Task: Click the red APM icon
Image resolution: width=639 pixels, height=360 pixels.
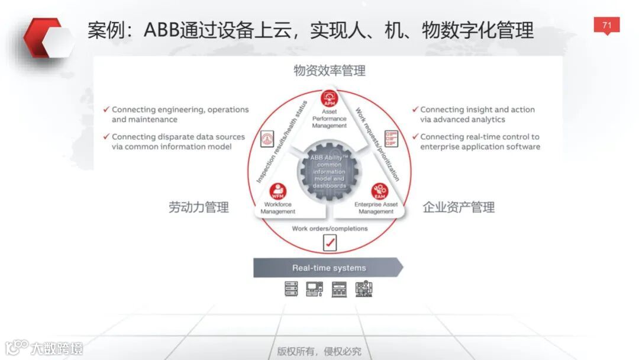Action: point(330,98)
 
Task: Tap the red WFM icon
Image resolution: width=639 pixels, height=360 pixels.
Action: point(277,191)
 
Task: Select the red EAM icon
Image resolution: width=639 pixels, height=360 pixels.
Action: point(379,191)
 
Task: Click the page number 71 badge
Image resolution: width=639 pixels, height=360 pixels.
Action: point(606,25)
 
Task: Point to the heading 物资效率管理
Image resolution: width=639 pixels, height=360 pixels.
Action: point(330,71)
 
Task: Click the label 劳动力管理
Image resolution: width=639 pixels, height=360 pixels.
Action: point(198,207)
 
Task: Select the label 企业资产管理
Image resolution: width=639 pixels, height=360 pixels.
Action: point(459,207)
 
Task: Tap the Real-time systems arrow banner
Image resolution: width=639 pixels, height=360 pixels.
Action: point(328,268)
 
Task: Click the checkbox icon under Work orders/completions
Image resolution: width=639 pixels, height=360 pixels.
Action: point(330,242)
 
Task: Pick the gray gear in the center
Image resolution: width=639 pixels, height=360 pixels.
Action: point(329,172)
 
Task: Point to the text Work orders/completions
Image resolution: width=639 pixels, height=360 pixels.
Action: point(330,229)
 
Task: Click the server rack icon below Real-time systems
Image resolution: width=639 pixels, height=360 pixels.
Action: point(291,289)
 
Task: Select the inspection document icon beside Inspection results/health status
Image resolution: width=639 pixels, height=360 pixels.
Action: point(267,139)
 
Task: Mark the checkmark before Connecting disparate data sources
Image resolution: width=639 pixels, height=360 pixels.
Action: point(106,137)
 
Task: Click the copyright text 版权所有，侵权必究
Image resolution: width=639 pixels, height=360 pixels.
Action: point(319,351)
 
